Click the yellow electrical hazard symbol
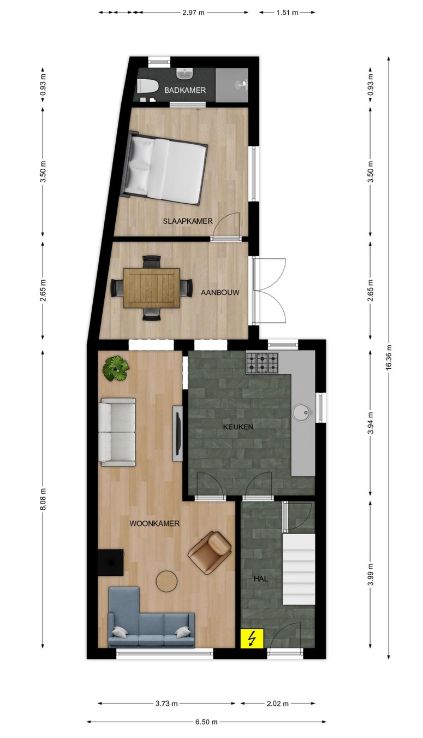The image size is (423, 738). point(253,638)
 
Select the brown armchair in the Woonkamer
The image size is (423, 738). point(210,552)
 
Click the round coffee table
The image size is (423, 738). point(166,581)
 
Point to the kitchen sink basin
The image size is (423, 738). point(301,412)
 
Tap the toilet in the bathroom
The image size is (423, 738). point(145,86)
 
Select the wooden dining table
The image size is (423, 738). point(152,288)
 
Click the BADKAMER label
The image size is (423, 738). point(185,90)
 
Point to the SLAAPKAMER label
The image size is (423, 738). point(188,221)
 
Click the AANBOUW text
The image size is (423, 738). point(220,292)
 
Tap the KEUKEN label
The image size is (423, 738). point(239,427)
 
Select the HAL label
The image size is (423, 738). point(261,578)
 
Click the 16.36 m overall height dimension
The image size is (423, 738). point(390,358)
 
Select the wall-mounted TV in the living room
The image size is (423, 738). point(178,433)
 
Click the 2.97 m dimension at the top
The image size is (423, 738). point(193,13)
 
